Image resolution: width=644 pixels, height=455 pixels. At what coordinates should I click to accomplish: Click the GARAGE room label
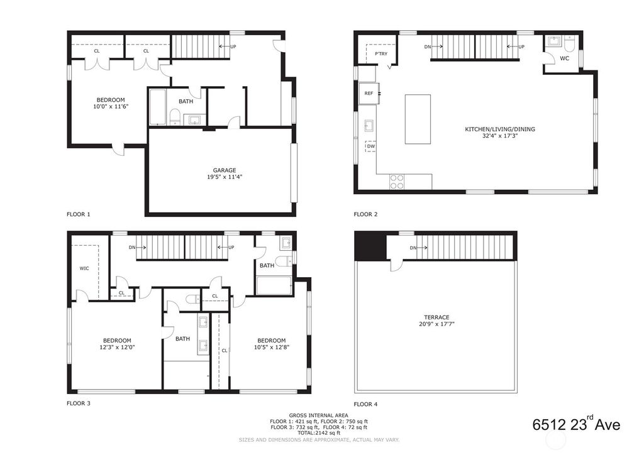(224, 170)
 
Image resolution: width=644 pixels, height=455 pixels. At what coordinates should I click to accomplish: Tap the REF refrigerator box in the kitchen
(369, 94)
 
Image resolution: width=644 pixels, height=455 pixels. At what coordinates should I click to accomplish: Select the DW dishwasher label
(370, 146)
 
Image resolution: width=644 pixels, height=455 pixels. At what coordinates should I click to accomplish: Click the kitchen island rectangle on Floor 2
(418, 119)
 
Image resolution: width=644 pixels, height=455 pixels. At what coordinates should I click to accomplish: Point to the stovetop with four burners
(397, 182)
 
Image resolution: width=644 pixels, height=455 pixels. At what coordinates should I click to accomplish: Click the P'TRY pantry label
(380, 54)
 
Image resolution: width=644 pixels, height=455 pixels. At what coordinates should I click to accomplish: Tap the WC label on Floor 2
(564, 58)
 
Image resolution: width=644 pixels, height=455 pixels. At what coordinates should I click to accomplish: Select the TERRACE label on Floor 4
(436, 317)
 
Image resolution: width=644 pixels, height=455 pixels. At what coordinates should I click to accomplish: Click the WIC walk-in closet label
(84, 268)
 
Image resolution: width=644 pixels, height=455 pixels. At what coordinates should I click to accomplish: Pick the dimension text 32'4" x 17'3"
(500, 136)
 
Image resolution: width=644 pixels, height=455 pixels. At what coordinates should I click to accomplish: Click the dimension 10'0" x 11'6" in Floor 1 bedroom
(111, 107)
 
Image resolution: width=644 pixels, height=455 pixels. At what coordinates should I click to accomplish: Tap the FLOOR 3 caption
(79, 403)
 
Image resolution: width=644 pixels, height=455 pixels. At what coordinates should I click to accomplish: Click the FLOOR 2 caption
(365, 214)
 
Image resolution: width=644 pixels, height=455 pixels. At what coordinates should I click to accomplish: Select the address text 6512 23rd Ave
(576, 424)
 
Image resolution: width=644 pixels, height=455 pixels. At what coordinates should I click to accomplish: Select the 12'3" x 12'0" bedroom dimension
(118, 347)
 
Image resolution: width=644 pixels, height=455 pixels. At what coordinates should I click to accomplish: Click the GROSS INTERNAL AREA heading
(319, 415)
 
